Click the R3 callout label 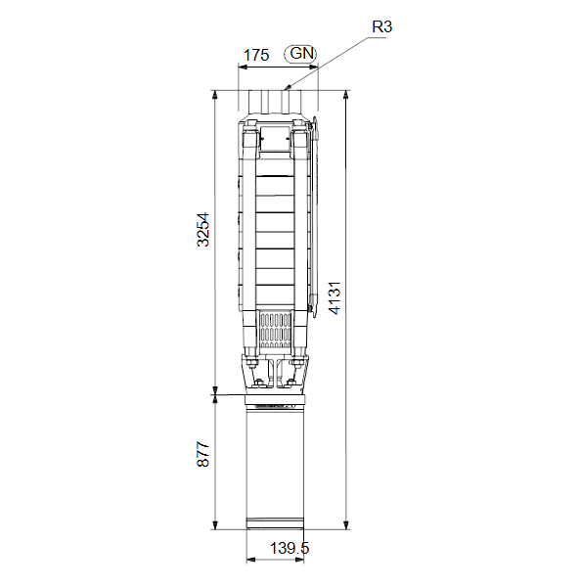pos(381,26)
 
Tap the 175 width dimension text pos(256,55)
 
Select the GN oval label pos(300,54)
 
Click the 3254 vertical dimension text pos(202,230)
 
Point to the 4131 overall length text pos(335,297)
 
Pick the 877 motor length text pos(202,454)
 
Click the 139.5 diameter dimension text pos(290,549)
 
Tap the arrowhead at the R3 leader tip pos(288,88)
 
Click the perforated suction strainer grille pos(275,331)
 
